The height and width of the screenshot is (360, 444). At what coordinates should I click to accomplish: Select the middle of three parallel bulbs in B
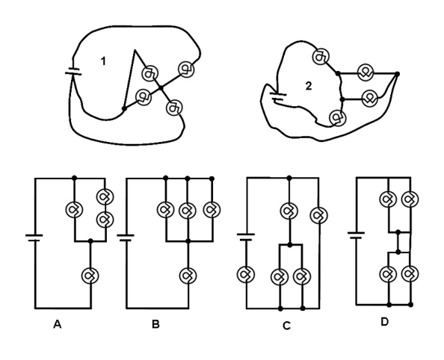188,210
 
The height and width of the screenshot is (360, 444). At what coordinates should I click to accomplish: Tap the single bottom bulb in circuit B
188,275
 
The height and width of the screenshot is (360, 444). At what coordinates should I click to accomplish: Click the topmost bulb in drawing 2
319,55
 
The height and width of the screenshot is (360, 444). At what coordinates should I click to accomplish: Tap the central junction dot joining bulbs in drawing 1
160,88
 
